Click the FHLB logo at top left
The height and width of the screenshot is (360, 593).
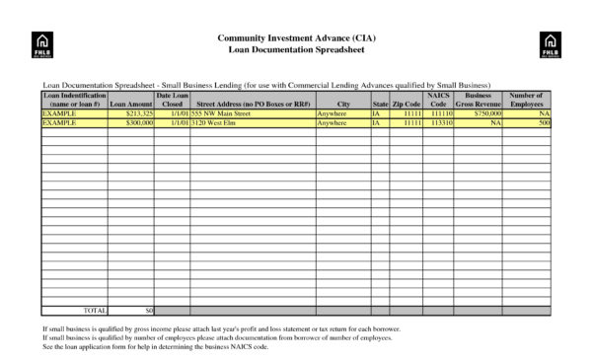point(42,42)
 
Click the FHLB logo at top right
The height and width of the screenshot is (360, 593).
point(549,42)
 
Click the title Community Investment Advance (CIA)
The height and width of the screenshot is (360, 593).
point(297,37)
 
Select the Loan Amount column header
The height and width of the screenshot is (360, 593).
point(131,104)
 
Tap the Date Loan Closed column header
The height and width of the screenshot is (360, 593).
point(172,100)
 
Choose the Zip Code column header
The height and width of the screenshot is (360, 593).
point(407,104)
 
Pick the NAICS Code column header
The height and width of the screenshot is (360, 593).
point(439,100)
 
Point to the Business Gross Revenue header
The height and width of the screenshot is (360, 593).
point(479,100)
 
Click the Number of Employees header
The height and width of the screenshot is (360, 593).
point(527,100)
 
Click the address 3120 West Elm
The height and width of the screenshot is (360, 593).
point(214,123)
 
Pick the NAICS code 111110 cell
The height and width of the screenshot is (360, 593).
point(441,114)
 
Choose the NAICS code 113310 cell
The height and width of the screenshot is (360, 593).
point(441,123)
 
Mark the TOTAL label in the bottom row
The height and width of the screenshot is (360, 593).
point(95,310)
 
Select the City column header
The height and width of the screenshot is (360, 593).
point(343,104)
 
